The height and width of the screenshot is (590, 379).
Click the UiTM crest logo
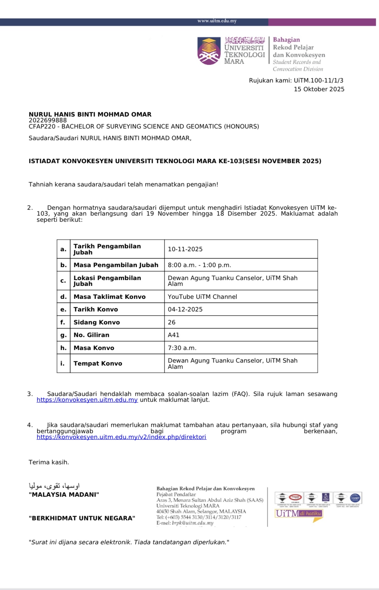[209, 51]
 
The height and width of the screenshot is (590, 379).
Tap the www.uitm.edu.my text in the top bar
[217, 21]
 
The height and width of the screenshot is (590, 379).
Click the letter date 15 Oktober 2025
[319, 89]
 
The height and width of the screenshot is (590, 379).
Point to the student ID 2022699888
[48, 120]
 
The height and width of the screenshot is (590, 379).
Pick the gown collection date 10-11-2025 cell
[185, 249]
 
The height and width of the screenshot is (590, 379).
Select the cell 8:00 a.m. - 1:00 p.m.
[200, 265]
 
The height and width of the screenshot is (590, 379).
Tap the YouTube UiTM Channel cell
[202, 297]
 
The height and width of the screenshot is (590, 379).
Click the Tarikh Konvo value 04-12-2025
[185, 309]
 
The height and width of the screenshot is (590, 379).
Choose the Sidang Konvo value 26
[172, 322]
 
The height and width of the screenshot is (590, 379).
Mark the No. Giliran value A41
[174, 335]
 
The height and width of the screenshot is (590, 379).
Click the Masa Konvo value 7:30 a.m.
[182, 348]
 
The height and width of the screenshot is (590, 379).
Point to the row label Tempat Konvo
[98, 363]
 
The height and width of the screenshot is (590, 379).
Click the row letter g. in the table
[63, 335]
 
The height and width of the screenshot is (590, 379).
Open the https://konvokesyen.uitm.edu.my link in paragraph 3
[87, 400]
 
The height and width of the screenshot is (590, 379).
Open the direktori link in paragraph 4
[121, 437]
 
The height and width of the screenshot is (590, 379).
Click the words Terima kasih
[49, 462]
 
